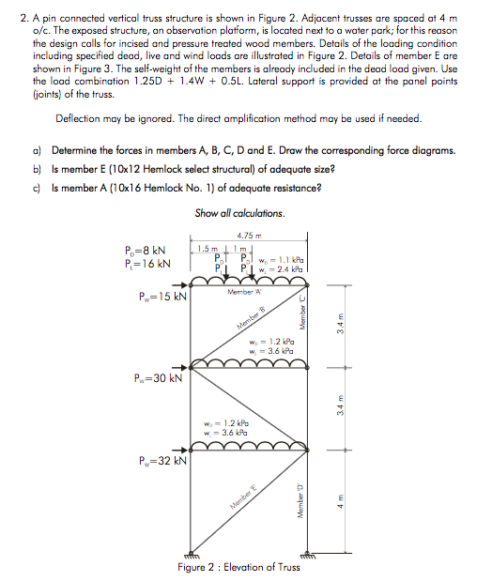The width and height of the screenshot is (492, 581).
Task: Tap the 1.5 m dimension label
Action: click(x=208, y=249)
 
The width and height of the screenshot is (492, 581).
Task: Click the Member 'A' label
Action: click(x=243, y=292)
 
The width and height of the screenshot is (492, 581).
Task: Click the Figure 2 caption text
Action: click(x=238, y=566)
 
